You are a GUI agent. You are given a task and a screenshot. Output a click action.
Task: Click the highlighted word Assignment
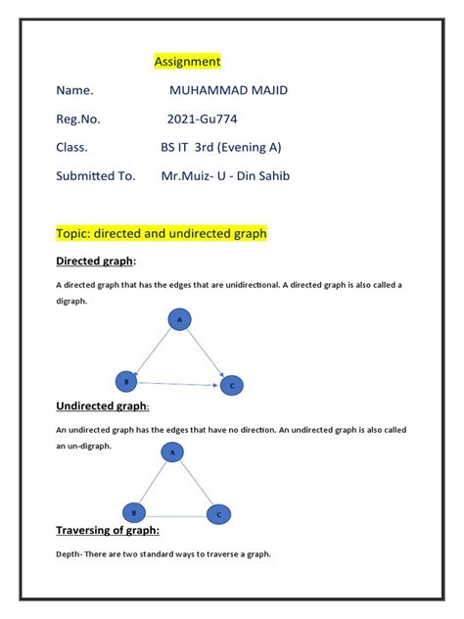point(188,62)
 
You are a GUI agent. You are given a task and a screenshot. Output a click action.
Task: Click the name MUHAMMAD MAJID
point(229,91)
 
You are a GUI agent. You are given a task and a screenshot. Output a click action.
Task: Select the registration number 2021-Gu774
point(202,119)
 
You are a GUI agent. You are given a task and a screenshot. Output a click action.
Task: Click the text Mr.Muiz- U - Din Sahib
point(225,176)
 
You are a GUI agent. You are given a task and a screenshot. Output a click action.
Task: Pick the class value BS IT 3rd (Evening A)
point(221,148)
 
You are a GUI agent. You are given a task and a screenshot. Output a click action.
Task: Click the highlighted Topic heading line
point(162,234)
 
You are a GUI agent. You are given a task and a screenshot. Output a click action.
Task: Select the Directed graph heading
point(95,262)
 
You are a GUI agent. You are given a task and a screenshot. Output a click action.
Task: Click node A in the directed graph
point(178,319)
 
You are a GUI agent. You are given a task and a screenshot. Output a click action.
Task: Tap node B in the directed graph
point(124,380)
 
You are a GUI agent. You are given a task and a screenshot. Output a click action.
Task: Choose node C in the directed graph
point(231,386)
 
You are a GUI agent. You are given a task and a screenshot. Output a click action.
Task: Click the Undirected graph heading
point(102,405)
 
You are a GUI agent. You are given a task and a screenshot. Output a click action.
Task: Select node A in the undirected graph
point(172,452)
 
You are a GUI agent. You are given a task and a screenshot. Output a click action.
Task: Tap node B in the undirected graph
point(133,511)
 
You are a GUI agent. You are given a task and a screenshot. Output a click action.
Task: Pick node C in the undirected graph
point(218,513)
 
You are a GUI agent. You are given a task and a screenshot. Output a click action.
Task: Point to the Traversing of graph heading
point(108,531)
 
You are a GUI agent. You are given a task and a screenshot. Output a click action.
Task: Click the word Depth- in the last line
point(71,554)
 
